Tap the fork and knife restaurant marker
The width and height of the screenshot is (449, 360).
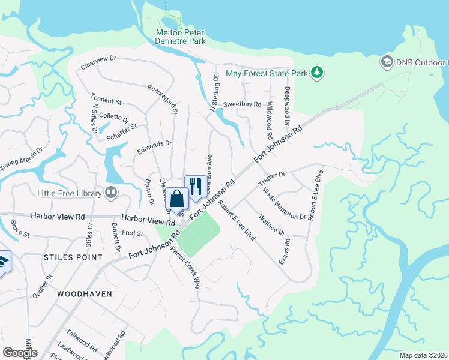pos(195,185)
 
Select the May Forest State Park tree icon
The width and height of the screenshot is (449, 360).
pos(318,73)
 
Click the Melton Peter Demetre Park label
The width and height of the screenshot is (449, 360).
pos(180,37)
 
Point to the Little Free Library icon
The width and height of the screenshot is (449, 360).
pos(111,193)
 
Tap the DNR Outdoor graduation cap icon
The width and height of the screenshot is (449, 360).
pos(387,62)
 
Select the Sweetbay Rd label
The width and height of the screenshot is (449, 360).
pos(243,104)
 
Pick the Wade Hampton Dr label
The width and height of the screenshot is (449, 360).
pos(285,203)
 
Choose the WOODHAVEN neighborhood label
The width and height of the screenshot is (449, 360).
pos(82,295)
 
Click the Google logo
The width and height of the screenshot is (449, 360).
pos(20,352)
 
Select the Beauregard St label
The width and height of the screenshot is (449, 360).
pos(163,98)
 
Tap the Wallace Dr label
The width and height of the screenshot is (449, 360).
pos(271,224)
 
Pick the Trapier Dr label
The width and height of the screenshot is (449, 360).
pos(271,179)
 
